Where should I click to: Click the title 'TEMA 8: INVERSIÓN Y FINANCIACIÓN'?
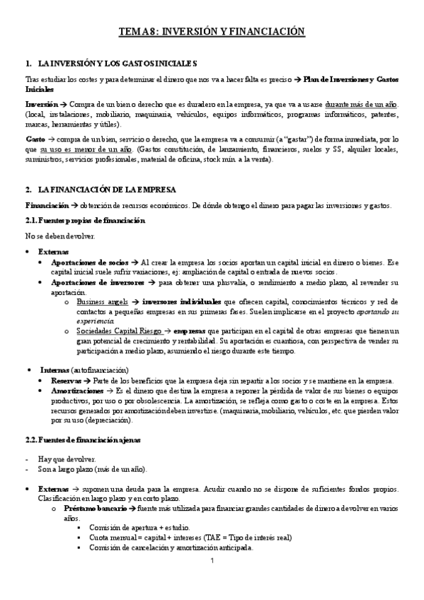pyautogui.click(x=211, y=32)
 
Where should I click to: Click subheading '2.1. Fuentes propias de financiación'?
pyautogui.click(x=84, y=221)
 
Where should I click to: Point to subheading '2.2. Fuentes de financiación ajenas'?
pyautogui.click(x=83, y=440)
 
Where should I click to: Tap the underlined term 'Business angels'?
pyautogui.click(x=106, y=302)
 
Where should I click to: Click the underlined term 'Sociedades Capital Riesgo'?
pyautogui.click(x=118, y=330)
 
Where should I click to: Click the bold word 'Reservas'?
pyautogui.click(x=66, y=381)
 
